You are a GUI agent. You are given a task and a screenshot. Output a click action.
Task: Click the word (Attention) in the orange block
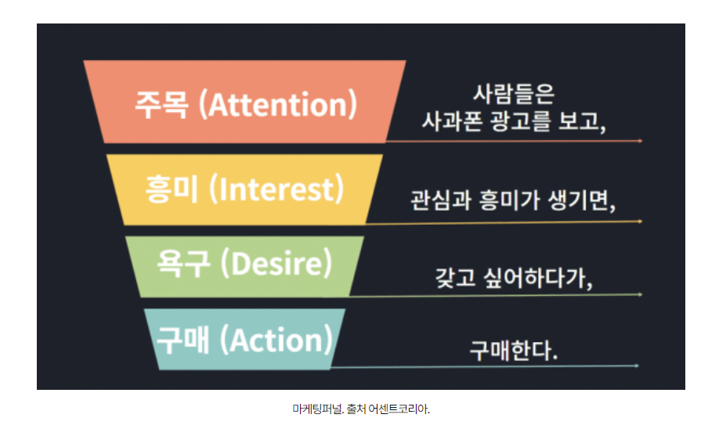(278, 105)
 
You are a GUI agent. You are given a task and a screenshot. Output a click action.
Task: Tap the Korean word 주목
(161, 105)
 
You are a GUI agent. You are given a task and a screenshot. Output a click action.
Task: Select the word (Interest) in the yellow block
(276, 189)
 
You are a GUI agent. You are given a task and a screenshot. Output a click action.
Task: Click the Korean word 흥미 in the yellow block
(172, 189)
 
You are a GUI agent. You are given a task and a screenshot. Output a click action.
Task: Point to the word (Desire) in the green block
(276, 263)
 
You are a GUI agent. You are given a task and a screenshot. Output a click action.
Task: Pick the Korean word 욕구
(183, 263)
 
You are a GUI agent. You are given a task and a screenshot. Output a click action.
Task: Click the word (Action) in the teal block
(276, 340)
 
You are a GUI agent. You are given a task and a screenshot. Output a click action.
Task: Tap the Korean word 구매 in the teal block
(183, 340)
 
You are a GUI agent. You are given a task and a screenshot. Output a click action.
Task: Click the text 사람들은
(514, 94)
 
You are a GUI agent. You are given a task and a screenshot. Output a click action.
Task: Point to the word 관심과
(441, 200)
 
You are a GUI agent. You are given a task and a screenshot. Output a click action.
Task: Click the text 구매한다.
(514, 351)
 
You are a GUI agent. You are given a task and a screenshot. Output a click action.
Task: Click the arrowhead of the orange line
(640, 141)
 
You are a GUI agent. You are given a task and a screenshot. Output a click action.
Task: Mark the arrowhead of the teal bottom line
(637, 366)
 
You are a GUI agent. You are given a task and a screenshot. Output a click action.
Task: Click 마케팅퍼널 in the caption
(318, 409)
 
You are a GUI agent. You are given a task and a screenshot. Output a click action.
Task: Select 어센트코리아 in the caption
(399, 409)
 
